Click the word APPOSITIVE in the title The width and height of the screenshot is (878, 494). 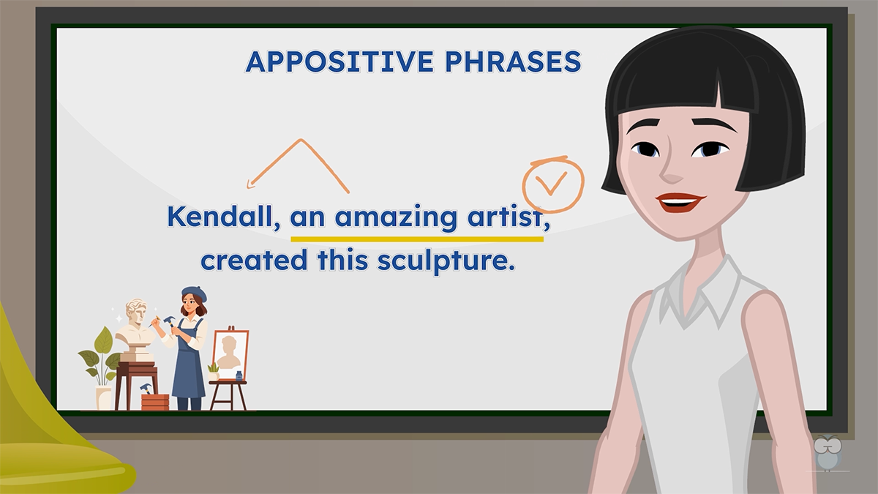pos(339,61)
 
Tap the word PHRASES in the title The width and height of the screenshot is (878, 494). pos(513,61)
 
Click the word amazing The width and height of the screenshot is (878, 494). pos(396,218)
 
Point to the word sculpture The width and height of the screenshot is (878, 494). pos(446,261)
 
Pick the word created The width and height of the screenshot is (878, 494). pos(254,260)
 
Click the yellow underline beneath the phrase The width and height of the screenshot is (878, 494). pos(417,239)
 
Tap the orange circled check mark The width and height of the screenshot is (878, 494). pos(553,184)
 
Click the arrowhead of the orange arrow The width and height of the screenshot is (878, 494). pos(251,184)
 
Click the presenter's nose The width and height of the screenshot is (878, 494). pos(671,172)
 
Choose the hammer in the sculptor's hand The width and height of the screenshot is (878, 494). pos(170,322)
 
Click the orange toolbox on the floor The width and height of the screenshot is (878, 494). pos(155,403)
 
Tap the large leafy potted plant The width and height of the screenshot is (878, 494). pos(100,357)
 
